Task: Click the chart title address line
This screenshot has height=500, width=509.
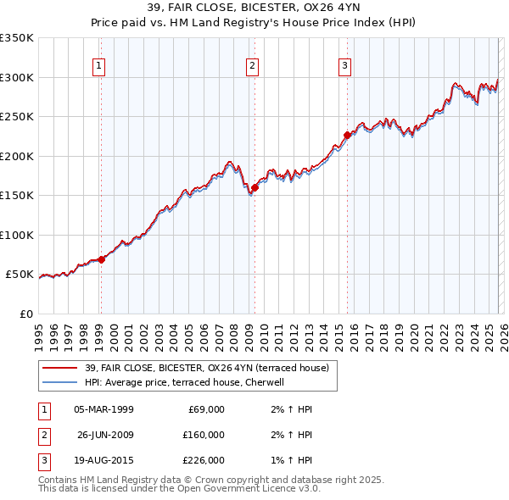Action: [x=255, y=8]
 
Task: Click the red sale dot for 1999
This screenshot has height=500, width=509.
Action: [x=101, y=259]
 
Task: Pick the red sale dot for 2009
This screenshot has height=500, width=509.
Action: [x=255, y=188]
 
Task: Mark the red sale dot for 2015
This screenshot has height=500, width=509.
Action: [x=347, y=136]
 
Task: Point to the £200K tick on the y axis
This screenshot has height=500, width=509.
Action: [x=17, y=156]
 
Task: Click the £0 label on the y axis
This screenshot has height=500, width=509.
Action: [x=25, y=314]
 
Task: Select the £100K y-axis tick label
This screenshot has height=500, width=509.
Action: [x=17, y=235]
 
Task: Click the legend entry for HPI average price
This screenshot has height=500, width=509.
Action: [x=188, y=382]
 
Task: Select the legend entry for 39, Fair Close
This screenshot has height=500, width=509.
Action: [x=210, y=368]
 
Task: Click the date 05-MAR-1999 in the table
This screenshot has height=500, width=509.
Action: [x=103, y=409]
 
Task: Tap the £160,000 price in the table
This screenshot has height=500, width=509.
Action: [x=204, y=435]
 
